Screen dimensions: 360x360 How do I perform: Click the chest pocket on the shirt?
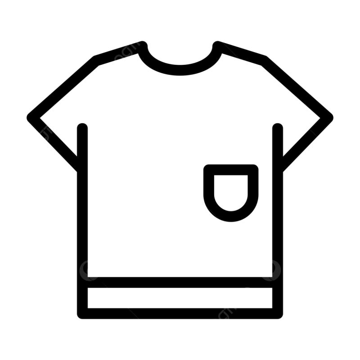(232, 193)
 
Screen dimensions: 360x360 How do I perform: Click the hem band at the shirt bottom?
(180, 298)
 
